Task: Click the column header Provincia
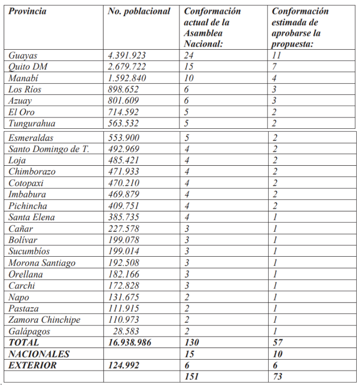coord(27,11)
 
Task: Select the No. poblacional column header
coord(139,11)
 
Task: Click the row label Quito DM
coord(28,67)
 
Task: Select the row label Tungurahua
coord(31,124)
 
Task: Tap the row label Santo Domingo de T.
coord(49,149)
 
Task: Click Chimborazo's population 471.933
coord(125,171)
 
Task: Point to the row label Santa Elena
coord(31,217)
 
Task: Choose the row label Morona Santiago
coord(42,263)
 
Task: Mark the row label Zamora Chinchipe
coord(44,320)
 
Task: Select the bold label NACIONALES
coord(39,354)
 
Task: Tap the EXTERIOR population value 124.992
coord(123,365)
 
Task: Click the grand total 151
coord(191,377)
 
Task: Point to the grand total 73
coord(277,377)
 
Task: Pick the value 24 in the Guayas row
coord(189,55)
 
